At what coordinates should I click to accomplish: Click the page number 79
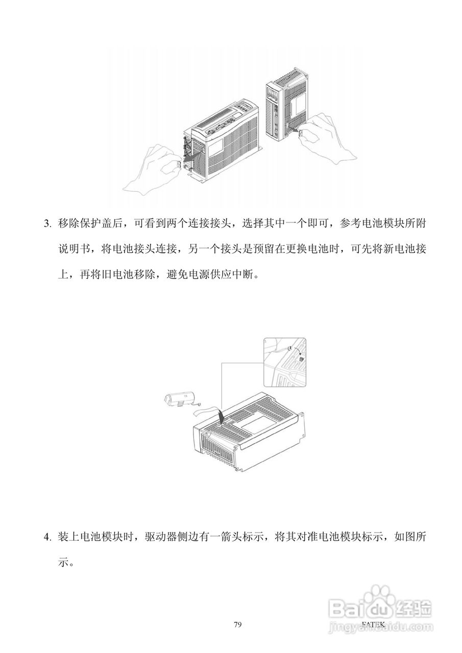(237, 624)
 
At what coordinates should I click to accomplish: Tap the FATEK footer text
(372, 623)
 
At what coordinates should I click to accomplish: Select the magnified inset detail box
(285, 362)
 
